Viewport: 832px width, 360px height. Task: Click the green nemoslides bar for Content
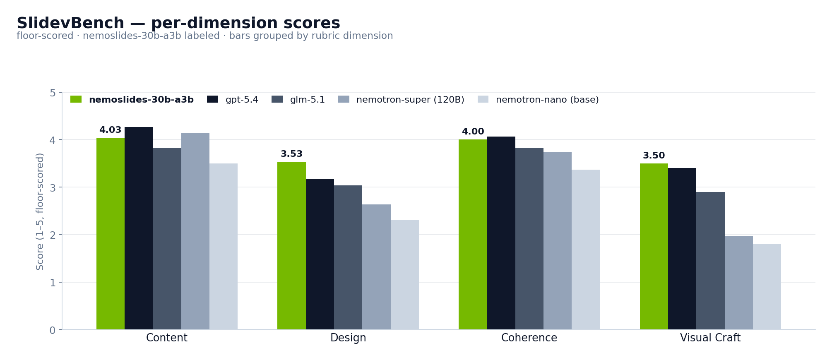coord(111,234)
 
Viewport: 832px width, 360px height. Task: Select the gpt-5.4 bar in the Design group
coord(320,254)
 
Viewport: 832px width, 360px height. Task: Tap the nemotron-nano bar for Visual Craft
coord(767,287)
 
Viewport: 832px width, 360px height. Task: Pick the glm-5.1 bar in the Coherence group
coord(529,238)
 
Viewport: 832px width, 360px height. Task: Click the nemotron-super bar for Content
coord(195,231)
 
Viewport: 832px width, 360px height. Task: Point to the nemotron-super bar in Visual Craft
coord(738,283)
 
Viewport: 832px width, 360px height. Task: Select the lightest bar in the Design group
coord(404,275)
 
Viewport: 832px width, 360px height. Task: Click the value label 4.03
coord(110,130)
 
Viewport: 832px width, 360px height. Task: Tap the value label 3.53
coord(291,154)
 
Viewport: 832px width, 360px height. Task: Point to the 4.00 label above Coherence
coord(473,132)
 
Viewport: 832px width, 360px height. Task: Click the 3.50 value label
coord(654,156)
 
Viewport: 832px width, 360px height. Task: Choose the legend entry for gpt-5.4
coord(241,100)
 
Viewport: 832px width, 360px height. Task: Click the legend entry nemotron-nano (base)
coord(547,100)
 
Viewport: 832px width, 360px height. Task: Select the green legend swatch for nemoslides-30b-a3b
coord(76,99)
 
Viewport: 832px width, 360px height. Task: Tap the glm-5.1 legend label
coord(307,100)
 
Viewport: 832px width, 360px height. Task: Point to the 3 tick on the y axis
coord(53,187)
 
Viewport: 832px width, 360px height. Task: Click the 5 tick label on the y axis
coord(53,93)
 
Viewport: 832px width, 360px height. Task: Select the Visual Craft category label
coord(710,338)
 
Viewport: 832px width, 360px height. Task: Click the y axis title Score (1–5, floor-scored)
coord(40,211)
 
